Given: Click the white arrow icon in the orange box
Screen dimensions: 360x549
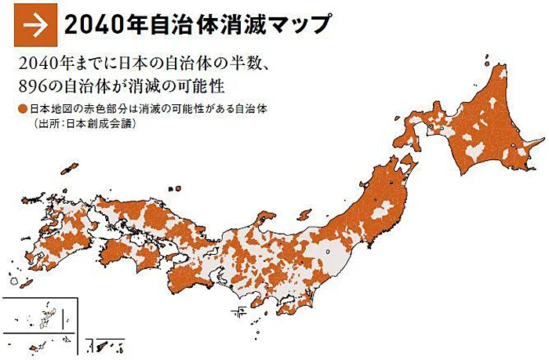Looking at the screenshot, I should [x=31, y=25].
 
